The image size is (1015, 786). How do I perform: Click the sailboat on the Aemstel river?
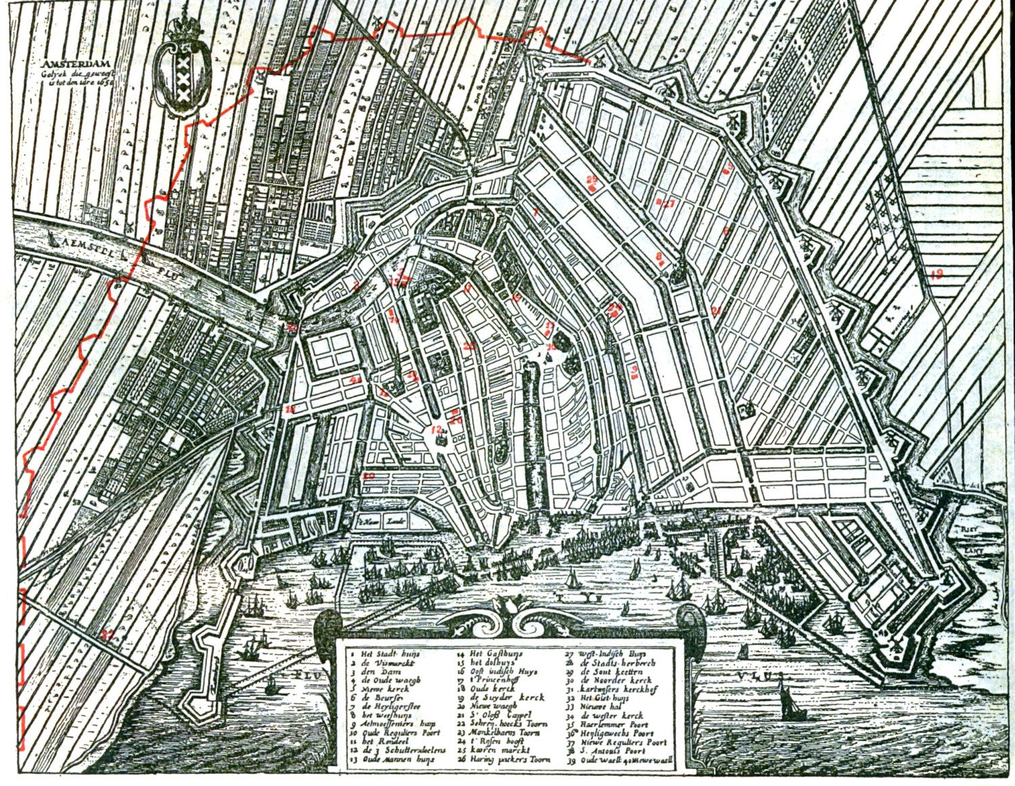(x=251, y=315)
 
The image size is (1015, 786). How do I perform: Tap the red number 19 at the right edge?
(x=936, y=275)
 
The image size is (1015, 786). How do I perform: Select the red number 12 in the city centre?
(x=437, y=430)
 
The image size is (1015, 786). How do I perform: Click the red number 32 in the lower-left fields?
(x=106, y=634)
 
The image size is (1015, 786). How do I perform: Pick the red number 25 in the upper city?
(x=592, y=181)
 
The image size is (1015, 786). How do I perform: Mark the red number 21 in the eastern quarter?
(x=717, y=310)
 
